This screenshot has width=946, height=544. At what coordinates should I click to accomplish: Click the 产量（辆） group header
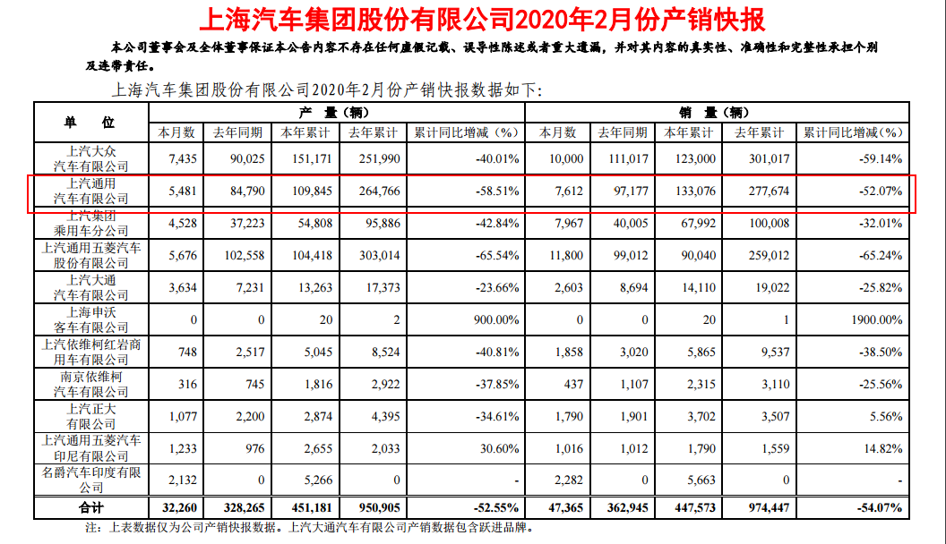pyautogui.click(x=337, y=113)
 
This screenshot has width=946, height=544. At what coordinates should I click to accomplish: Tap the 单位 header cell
pyautogui.click(x=90, y=122)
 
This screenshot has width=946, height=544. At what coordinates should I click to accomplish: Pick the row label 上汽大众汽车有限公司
pyautogui.click(x=91, y=158)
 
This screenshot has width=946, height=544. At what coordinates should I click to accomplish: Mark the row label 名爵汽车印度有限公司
pyautogui.click(x=91, y=480)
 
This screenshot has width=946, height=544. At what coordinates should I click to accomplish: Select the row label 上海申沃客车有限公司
pyautogui.click(x=91, y=319)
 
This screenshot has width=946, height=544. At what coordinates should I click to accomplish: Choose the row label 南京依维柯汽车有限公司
pyautogui.click(x=91, y=384)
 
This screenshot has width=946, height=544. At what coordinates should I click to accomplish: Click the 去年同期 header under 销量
pyautogui.click(x=619, y=132)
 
